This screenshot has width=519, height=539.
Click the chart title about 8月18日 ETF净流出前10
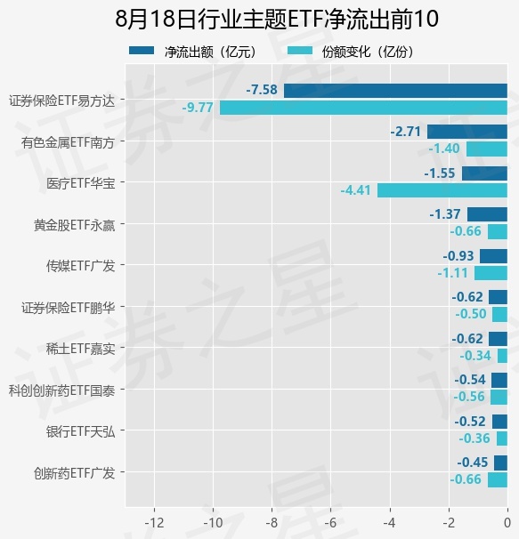[x=277, y=19]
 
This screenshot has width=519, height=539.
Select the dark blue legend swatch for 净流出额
[x=142, y=51]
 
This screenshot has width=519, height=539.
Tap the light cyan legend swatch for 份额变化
[x=300, y=51]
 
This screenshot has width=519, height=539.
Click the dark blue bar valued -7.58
[x=395, y=91]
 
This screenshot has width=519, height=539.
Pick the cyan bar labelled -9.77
[x=363, y=108]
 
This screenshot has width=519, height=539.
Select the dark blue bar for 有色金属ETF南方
[x=467, y=132]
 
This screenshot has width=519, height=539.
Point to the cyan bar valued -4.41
[x=442, y=190]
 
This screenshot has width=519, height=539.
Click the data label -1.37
[x=445, y=214]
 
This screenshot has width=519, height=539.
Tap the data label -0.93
[x=458, y=256]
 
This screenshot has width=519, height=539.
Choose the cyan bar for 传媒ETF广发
[x=491, y=273]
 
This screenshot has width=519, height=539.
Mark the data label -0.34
[x=475, y=356]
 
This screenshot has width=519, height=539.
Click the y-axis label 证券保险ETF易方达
[x=62, y=101]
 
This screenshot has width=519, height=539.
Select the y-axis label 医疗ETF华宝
[x=81, y=183]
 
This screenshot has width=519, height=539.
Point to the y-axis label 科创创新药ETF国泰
[x=62, y=390]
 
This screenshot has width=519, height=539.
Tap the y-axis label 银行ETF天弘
[x=81, y=431]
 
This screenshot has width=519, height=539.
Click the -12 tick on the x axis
[x=154, y=523]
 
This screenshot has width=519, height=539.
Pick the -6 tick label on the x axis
[x=331, y=523]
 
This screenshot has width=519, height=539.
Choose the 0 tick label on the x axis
[x=507, y=523]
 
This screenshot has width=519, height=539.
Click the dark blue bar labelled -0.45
[x=501, y=463]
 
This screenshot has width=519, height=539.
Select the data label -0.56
[x=469, y=397]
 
